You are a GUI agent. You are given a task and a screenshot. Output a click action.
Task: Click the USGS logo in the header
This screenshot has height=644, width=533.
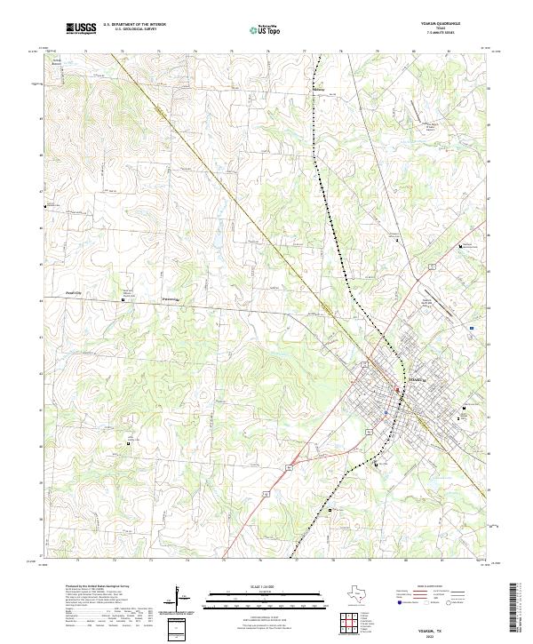pyautogui.click(x=82, y=28)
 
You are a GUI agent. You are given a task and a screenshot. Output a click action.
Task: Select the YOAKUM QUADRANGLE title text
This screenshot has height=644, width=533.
pyautogui.click(x=441, y=24)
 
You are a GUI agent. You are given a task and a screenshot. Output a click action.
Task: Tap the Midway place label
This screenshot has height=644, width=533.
pyautogui.click(x=320, y=89)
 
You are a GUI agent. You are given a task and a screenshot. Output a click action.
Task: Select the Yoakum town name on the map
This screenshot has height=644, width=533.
pyautogui.click(x=416, y=379)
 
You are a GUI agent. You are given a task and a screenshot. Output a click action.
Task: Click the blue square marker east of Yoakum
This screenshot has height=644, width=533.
pyautogui.click(x=472, y=328)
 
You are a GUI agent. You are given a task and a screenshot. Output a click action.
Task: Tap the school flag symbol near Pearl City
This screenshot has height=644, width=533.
pyautogui.click(x=123, y=300)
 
